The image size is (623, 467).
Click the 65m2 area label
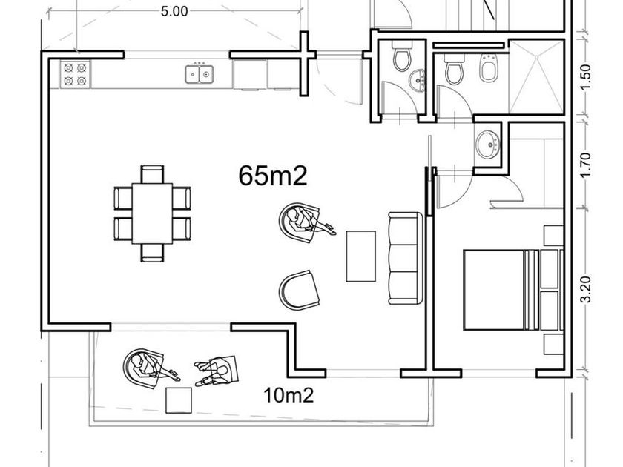pos(273,176)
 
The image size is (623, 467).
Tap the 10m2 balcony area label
pos(289,395)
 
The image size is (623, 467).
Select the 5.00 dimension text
pos(174,11)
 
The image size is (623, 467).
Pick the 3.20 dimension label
pos(586,290)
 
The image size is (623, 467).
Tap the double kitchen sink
pos(199,73)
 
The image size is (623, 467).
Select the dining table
pos(152,213)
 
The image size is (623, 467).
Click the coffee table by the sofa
pos(360,256)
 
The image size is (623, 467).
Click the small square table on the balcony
pos(179,400)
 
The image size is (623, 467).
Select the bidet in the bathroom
pos(489,70)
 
